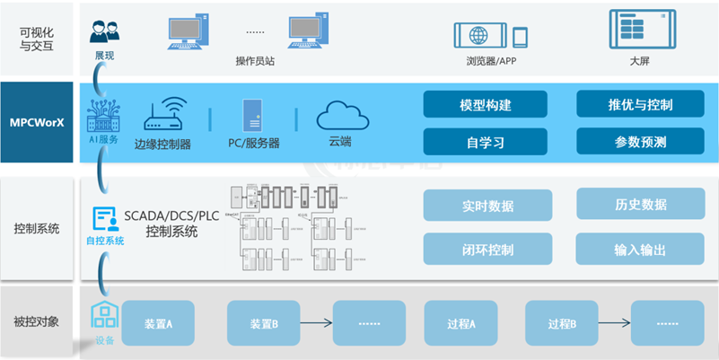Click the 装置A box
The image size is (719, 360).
point(158,323)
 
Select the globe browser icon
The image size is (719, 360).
point(478,36)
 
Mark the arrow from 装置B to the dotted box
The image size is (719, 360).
point(315,323)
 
